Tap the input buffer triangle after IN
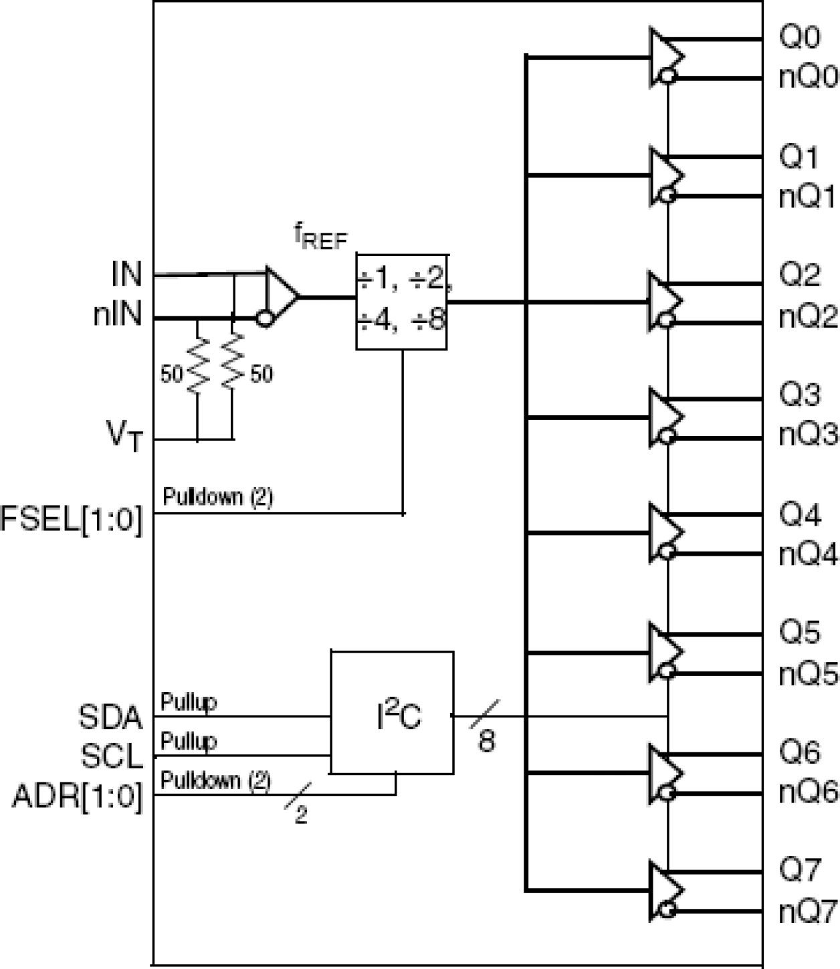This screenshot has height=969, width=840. [x=280, y=296]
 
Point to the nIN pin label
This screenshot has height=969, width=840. [x=118, y=315]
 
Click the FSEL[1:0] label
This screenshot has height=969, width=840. [x=72, y=520]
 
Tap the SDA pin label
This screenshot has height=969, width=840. [x=111, y=718]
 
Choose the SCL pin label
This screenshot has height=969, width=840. [x=112, y=756]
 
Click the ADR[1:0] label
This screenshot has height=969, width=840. [x=78, y=797]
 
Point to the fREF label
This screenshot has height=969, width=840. [x=321, y=237]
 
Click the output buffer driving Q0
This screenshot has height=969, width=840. [x=665, y=58]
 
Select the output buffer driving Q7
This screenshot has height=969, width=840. [x=665, y=891]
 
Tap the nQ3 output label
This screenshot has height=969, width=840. [x=808, y=435]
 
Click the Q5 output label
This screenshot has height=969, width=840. [x=799, y=632]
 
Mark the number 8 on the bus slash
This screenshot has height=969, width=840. [x=487, y=740]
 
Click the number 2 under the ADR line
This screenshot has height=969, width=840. [x=301, y=815]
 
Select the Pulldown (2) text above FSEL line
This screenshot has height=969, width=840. [x=218, y=496]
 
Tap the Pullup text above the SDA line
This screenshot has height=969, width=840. [x=189, y=702]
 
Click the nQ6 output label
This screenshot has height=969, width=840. [x=808, y=792]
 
